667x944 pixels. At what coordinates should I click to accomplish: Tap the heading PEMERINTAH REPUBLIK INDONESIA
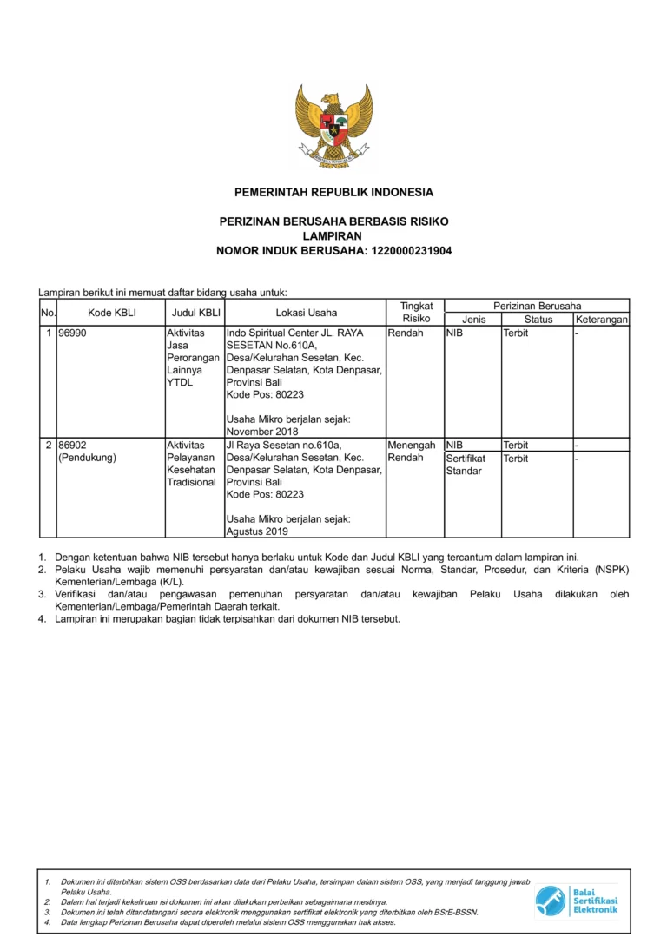click(x=333, y=192)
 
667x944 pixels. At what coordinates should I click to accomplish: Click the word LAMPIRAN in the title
click(x=333, y=236)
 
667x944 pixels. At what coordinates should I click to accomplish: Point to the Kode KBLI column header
click(x=112, y=313)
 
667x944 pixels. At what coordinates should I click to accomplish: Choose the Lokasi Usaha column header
click(x=306, y=313)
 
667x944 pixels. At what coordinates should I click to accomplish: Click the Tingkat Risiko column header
click(x=415, y=313)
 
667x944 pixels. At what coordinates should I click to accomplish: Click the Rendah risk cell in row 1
click(x=406, y=333)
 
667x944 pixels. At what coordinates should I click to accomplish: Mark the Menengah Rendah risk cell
click(x=412, y=452)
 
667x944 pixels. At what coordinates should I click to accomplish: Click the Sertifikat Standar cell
click(x=466, y=465)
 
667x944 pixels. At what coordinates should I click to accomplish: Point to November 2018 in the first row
click(x=261, y=432)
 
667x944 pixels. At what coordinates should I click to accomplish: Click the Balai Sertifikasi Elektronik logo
click(x=577, y=901)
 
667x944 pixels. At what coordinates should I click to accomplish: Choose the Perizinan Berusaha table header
click(x=538, y=306)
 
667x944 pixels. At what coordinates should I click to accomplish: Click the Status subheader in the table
click(x=538, y=320)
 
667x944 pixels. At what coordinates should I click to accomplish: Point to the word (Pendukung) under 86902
click(x=87, y=458)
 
